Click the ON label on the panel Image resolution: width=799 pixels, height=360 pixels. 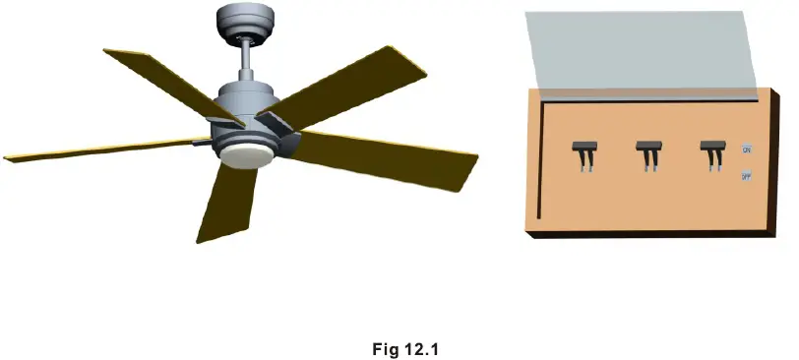[747, 150]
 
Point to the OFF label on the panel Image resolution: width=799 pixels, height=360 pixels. [747, 176]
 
